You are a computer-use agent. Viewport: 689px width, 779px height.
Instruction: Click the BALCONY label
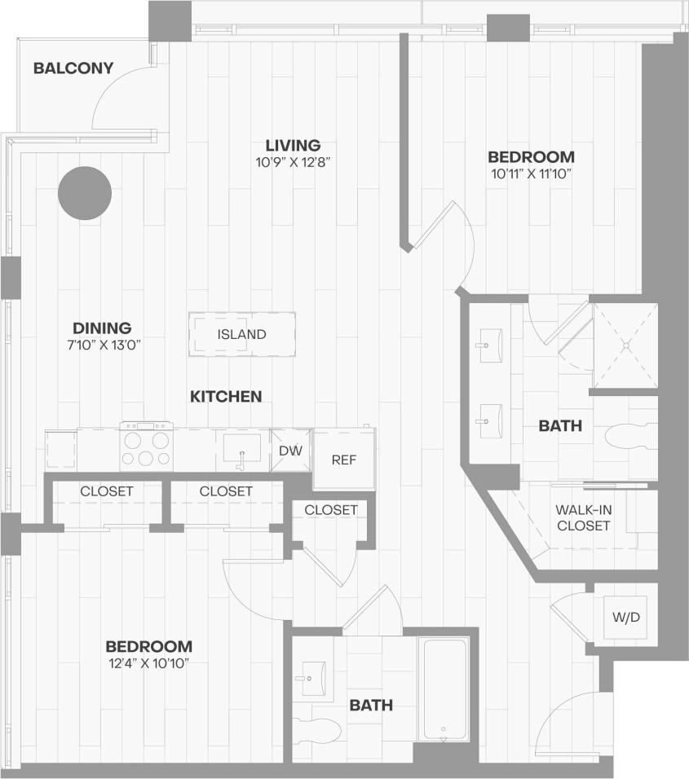73,68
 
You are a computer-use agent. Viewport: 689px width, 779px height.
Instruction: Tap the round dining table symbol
85,193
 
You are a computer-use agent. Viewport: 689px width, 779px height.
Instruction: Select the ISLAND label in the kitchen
242,334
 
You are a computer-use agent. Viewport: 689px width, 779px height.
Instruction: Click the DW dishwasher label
291,451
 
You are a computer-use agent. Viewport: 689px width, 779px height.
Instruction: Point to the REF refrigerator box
344,460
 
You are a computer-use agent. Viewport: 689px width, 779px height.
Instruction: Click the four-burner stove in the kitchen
147,447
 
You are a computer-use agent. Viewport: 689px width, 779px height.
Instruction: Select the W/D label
626,617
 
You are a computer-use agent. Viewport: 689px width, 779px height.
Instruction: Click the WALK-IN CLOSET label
583,518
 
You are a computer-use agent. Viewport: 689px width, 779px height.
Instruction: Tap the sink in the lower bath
313,677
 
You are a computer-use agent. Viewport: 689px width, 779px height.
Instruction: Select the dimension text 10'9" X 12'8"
292,162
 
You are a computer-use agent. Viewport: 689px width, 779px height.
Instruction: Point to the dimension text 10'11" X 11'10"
531,174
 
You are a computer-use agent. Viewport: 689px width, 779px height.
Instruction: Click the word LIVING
292,145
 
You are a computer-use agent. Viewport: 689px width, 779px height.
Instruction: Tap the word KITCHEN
226,397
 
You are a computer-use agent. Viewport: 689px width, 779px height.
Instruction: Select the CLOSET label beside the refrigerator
331,510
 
